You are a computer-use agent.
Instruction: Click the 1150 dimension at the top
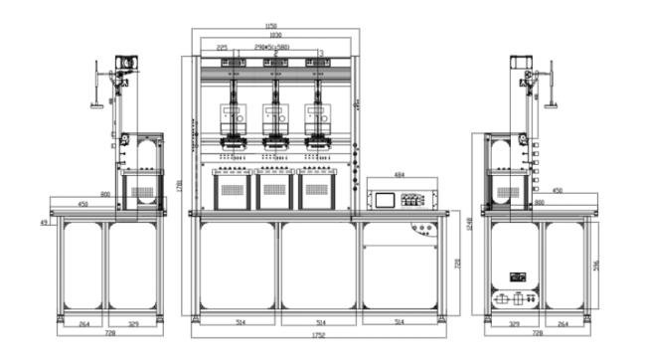point(270,26)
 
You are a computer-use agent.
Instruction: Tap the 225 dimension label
point(222,47)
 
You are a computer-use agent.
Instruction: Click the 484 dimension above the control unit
point(399,175)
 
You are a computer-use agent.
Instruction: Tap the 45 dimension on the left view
point(45,222)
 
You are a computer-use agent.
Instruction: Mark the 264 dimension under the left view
point(84,322)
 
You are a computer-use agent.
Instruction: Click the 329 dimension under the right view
point(514,322)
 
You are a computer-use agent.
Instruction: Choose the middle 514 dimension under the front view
point(320,322)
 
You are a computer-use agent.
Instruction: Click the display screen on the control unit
point(384,198)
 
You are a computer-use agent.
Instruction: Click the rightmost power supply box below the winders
point(319,190)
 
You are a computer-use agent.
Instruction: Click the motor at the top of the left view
point(124,62)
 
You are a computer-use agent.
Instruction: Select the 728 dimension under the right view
point(537,332)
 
